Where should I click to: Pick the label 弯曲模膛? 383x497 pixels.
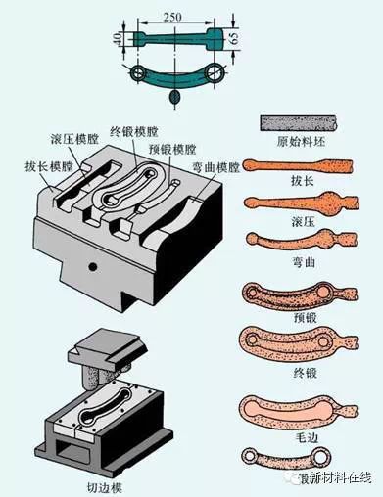point(215,167)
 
